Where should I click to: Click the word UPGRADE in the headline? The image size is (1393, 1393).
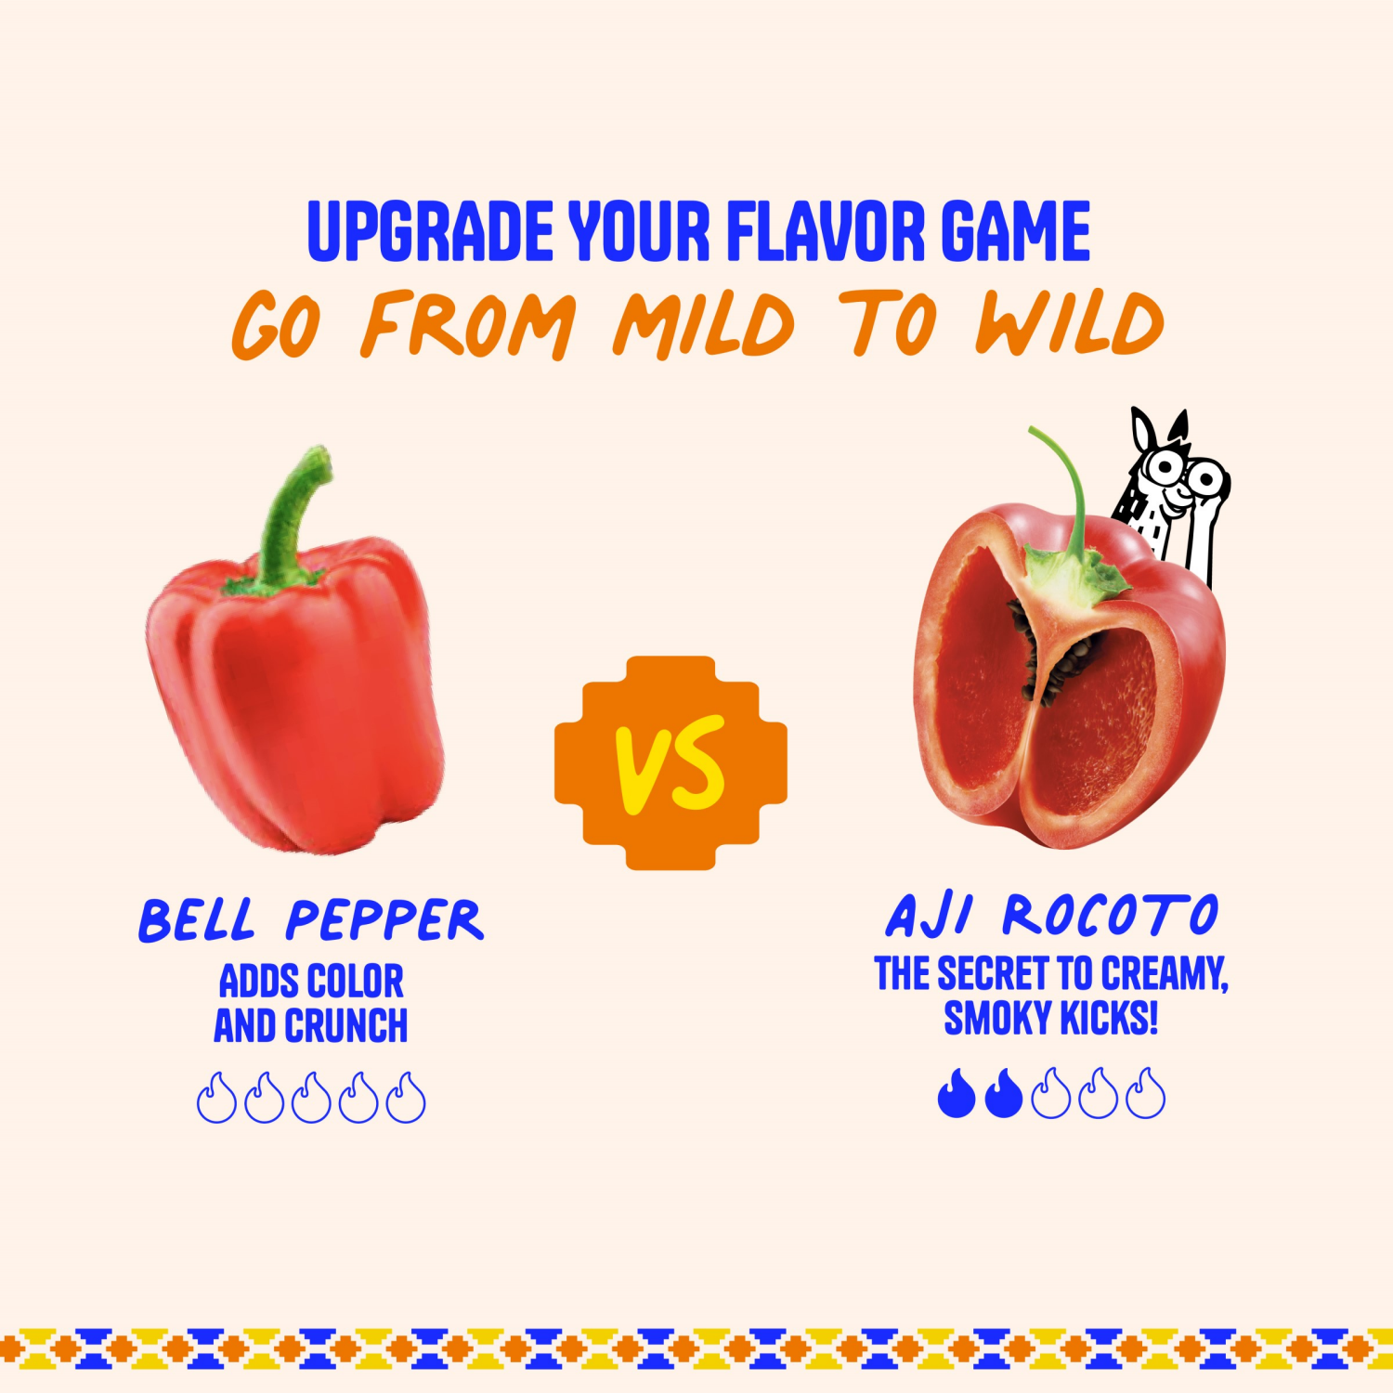pyautogui.click(x=430, y=231)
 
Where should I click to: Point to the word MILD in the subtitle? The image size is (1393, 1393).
pyautogui.click(x=703, y=325)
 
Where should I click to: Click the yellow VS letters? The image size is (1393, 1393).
pyautogui.click(x=670, y=763)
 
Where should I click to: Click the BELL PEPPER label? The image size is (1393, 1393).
pyautogui.click(x=311, y=920)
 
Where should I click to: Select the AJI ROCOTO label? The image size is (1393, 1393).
pyautogui.click(x=1051, y=916)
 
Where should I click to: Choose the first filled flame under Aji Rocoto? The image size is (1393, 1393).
pyautogui.click(x=956, y=1093)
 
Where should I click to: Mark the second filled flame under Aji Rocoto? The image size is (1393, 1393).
pyautogui.click(x=1003, y=1093)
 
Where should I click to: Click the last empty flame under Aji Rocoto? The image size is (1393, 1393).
pyautogui.click(x=1145, y=1094)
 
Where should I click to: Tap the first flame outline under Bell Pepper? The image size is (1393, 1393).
pyautogui.click(x=216, y=1099)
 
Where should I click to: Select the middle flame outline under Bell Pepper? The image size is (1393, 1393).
pyautogui.click(x=311, y=1099)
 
